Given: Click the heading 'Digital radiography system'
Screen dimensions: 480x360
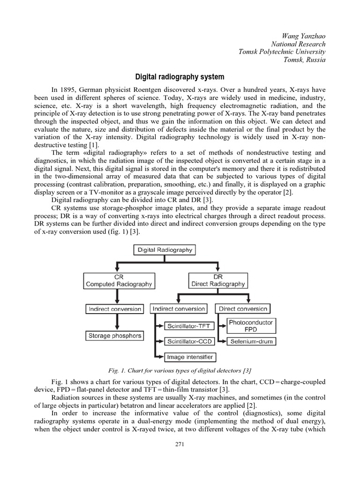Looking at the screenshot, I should pos(180,76).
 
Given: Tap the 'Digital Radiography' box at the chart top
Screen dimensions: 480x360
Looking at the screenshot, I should pos(165,250).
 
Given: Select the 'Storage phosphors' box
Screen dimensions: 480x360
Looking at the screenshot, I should pos(114,336).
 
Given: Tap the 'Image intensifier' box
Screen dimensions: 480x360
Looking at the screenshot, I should pos(190,357).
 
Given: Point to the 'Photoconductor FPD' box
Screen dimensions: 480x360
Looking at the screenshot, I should pos(251,326).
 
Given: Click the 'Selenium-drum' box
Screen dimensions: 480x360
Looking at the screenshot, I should pos(251,341).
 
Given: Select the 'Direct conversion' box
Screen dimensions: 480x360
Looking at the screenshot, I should pos(242,309).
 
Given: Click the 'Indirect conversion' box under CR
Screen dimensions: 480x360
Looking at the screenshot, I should pos(114,309).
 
